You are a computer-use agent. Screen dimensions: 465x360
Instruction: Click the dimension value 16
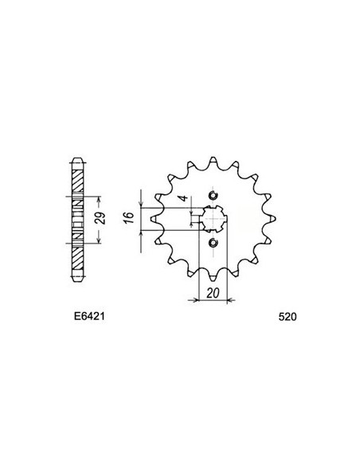point(128,220)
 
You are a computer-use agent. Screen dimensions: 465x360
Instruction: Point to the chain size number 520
point(289,316)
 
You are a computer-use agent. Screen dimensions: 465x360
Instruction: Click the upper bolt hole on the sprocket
point(212,197)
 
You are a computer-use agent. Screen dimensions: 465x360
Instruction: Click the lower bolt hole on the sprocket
point(212,243)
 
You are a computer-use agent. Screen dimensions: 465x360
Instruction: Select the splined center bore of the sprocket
point(211,220)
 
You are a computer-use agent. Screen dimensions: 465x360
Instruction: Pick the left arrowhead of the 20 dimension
point(190,301)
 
